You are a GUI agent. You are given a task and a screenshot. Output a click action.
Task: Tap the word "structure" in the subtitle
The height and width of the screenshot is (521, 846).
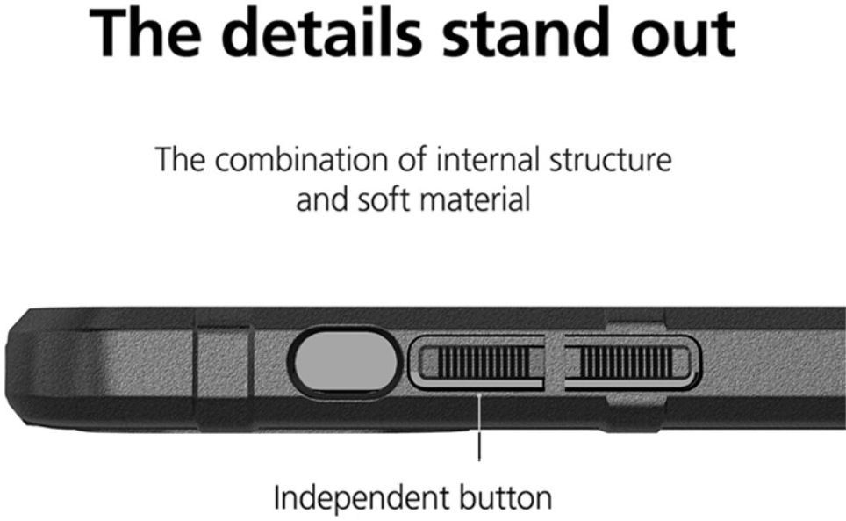tap(612, 162)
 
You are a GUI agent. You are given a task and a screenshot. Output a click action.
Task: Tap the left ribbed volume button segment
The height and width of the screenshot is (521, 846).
tap(480, 362)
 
